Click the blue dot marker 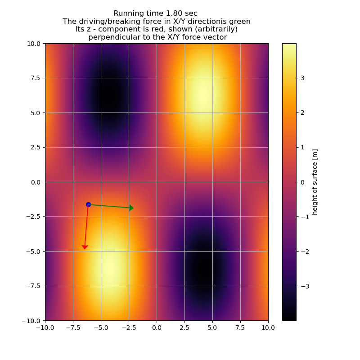[88, 204]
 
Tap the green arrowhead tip [133, 208]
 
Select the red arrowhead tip [85, 249]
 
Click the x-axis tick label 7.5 [240, 328]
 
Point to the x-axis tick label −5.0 [100, 328]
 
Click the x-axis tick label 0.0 [157, 328]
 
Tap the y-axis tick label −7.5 [32, 286]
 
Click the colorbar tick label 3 [302, 78]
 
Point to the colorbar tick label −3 [304, 286]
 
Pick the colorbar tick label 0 [302, 182]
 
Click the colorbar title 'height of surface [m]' [315, 182]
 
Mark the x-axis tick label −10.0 [45, 328]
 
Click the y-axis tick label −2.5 [32, 216]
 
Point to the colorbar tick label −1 [304, 216]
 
